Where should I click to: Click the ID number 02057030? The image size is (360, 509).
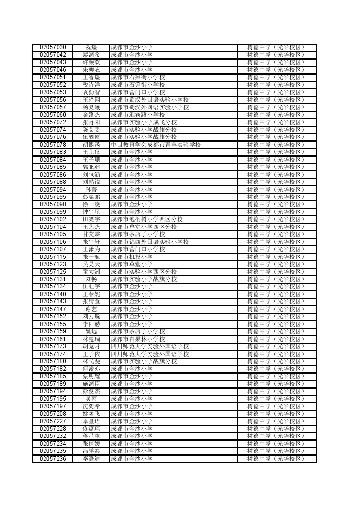click(x=53, y=47)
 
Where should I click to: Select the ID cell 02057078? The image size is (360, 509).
click(x=53, y=145)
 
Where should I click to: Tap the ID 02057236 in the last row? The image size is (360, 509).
click(x=53, y=459)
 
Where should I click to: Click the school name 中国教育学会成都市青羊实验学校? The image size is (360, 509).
click(x=156, y=145)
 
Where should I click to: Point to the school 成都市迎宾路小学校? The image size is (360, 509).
click(x=138, y=115)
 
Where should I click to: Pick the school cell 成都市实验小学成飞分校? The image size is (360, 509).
click(x=144, y=122)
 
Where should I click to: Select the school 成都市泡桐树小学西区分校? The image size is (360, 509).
click(x=147, y=219)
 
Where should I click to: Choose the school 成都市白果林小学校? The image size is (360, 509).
click(x=138, y=339)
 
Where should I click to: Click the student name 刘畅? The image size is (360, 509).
click(x=91, y=279)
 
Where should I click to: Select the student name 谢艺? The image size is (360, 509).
click(x=91, y=309)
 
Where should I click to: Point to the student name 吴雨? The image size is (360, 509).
click(x=91, y=399)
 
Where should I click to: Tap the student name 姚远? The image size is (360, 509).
click(x=91, y=331)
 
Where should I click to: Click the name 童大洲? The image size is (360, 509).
click(x=91, y=272)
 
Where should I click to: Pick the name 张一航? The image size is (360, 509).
click(x=91, y=257)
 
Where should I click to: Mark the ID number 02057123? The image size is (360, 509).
click(x=53, y=264)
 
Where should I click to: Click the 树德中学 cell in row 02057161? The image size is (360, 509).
click(x=276, y=339)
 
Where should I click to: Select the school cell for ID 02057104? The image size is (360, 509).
click(x=144, y=227)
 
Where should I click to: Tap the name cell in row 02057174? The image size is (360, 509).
click(x=91, y=354)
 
